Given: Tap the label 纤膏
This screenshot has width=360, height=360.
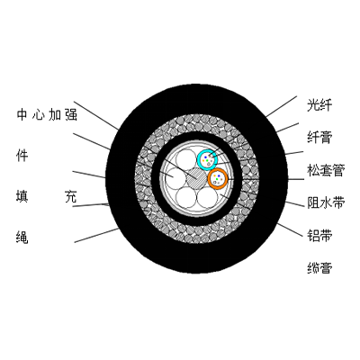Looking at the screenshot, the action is (319, 138).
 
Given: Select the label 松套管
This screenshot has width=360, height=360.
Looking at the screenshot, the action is (326, 170).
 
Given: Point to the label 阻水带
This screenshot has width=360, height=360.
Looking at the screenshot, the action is (326, 202).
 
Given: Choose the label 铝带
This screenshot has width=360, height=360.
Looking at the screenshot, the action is (319, 235).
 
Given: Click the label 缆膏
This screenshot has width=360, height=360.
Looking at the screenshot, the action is (319, 267).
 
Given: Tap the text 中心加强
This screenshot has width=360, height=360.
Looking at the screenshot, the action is (47, 115).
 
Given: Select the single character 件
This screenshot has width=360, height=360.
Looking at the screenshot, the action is (22, 156).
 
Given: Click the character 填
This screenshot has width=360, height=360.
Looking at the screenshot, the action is (22, 197).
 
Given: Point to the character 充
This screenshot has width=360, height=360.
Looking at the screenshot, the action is (71, 197).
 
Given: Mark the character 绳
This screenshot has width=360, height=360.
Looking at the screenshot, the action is (22, 238).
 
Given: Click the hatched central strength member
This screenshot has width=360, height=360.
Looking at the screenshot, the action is (196, 178).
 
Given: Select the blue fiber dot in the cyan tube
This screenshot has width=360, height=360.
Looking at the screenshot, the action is (205, 157).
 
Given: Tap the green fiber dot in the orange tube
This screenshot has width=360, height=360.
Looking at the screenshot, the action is (217, 179).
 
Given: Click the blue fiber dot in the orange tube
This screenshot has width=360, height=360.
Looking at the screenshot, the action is (219, 175).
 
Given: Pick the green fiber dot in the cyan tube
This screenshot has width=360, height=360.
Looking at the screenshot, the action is (207, 161).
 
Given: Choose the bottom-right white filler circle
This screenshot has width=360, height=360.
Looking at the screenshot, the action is (207, 197).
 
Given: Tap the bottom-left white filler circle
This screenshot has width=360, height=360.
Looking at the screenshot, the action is (186, 197).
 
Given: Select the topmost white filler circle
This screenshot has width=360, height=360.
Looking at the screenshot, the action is (186, 159).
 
